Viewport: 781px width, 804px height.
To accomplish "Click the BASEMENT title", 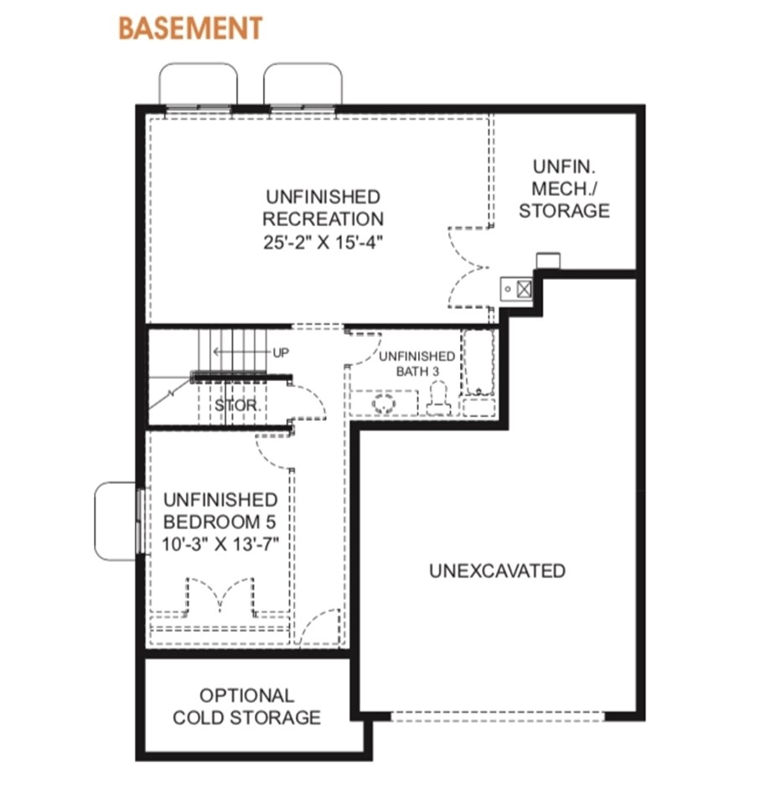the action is coord(190,28).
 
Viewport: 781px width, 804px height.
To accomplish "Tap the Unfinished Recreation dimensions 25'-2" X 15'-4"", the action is coord(323,242).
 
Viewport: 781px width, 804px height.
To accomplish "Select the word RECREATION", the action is coord(323,219).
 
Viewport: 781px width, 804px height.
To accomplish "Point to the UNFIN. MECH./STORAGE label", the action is coord(564,188).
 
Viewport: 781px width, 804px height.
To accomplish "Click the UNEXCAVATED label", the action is coord(497,570).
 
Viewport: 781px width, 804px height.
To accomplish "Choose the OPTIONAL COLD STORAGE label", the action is coord(247,707).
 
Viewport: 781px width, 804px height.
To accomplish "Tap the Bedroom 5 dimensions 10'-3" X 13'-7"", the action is coord(220,544).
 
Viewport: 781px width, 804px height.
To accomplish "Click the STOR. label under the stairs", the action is coord(238,405).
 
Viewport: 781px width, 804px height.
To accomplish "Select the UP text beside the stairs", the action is coord(281,353).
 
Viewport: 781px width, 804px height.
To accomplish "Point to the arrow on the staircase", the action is coord(241,353).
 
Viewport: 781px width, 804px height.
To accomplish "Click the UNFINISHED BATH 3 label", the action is coord(416,363).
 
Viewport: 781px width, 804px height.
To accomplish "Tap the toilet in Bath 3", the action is coord(439,399).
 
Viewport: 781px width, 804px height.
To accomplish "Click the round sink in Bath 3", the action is coord(384,405).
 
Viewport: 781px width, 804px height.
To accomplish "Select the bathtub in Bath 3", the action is coord(478,363).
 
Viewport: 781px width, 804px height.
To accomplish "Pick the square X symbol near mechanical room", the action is coord(523,289).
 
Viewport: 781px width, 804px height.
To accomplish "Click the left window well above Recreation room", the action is coord(198,85).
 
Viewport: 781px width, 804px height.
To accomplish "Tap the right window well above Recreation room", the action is coord(303,85).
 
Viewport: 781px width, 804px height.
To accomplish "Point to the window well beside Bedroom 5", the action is coord(116,521).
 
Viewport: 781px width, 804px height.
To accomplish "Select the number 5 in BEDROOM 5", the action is coord(271,522).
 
